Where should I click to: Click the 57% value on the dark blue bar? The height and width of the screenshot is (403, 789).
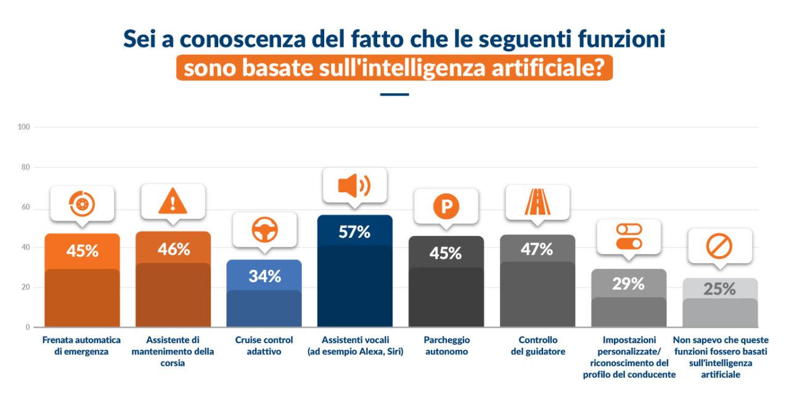click(x=354, y=232)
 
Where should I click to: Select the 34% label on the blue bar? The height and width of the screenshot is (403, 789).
click(x=264, y=277)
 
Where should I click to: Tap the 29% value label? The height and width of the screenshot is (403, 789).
click(x=628, y=284)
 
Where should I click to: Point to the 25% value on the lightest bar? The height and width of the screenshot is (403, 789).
click(x=719, y=289)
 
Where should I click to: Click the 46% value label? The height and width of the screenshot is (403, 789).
click(x=173, y=250)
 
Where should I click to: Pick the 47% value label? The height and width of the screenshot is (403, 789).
click(x=537, y=250)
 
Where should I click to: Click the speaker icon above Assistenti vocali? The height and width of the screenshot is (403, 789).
click(x=354, y=185)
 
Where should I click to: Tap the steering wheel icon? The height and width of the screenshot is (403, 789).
click(x=264, y=230)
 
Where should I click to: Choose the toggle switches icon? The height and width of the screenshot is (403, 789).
click(x=628, y=237)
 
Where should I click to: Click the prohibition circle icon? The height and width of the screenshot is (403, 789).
click(x=719, y=246)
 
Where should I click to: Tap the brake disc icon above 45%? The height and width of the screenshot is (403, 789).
click(x=82, y=203)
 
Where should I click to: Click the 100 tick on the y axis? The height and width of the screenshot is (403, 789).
click(x=24, y=127)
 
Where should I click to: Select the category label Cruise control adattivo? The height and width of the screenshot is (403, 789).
click(x=264, y=346)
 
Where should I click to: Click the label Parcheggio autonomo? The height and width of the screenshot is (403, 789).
click(x=446, y=346)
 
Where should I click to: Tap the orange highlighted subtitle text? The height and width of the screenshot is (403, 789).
click(x=394, y=68)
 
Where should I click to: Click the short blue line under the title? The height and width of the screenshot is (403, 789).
click(x=394, y=94)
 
